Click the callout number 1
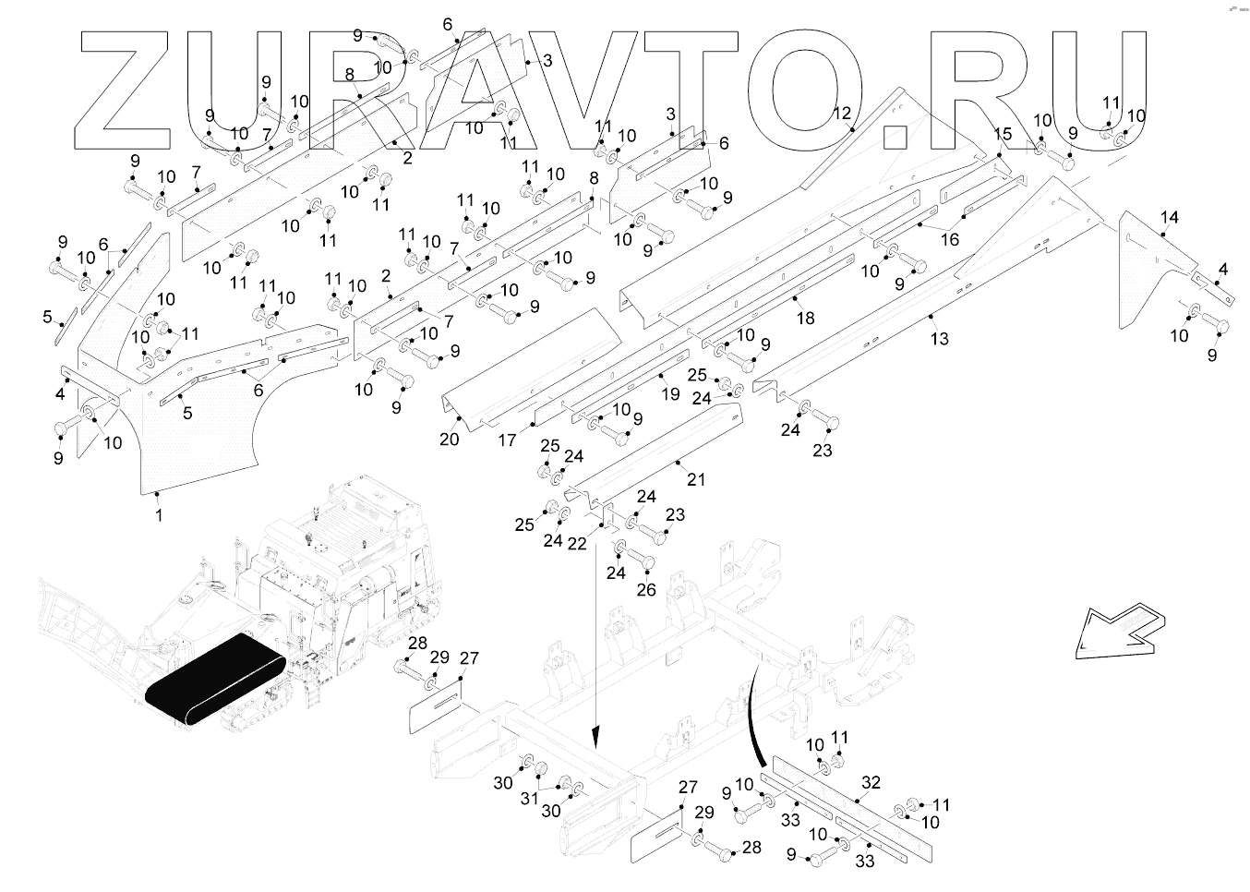point(159,515)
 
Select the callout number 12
point(842,114)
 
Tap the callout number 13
point(939,339)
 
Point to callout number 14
point(1170,218)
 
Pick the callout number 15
point(1003,135)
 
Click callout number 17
point(507,441)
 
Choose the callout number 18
point(806,319)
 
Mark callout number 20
point(449,440)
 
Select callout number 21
point(696,480)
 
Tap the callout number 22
point(577,544)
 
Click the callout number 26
point(646,588)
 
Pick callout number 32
point(871,783)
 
